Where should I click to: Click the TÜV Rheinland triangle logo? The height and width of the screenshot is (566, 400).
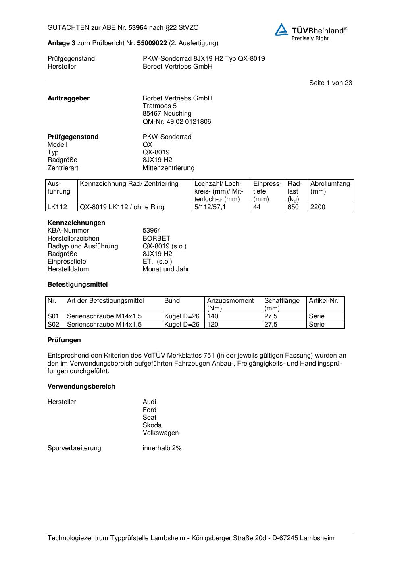[x=281, y=30]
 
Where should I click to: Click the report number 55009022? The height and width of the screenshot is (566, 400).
[x=152, y=43]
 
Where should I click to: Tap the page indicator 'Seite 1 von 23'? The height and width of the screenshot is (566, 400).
[x=330, y=83]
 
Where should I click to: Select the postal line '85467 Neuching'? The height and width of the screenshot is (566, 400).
[x=167, y=114]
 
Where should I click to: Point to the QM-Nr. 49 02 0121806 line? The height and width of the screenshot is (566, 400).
[x=177, y=121]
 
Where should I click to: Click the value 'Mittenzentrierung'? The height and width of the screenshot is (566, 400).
[x=168, y=168]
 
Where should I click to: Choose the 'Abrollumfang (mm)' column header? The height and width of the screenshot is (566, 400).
[x=330, y=187]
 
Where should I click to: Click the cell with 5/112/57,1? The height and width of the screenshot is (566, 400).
[x=210, y=207]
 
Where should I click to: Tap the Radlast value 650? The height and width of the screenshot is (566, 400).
[x=293, y=207]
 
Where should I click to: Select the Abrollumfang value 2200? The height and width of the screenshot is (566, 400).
[x=318, y=207]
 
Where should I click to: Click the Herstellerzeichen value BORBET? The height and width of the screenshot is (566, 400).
[x=156, y=238]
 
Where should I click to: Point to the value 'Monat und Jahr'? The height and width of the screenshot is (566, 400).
[x=166, y=269]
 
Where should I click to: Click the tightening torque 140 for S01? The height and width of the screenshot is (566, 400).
[x=212, y=316]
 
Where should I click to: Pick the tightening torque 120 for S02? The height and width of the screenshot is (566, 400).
[x=212, y=324]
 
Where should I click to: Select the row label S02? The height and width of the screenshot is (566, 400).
[x=53, y=324]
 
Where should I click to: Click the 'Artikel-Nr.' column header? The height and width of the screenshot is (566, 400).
[x=324, y=301]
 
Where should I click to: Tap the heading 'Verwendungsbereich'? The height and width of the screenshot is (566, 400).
[x=81, y=386]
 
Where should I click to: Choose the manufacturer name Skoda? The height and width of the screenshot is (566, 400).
[x=152, y=425]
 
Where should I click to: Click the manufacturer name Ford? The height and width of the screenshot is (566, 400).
[x=149, y=410]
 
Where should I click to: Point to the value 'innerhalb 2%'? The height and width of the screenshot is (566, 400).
[x=162, y=448]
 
